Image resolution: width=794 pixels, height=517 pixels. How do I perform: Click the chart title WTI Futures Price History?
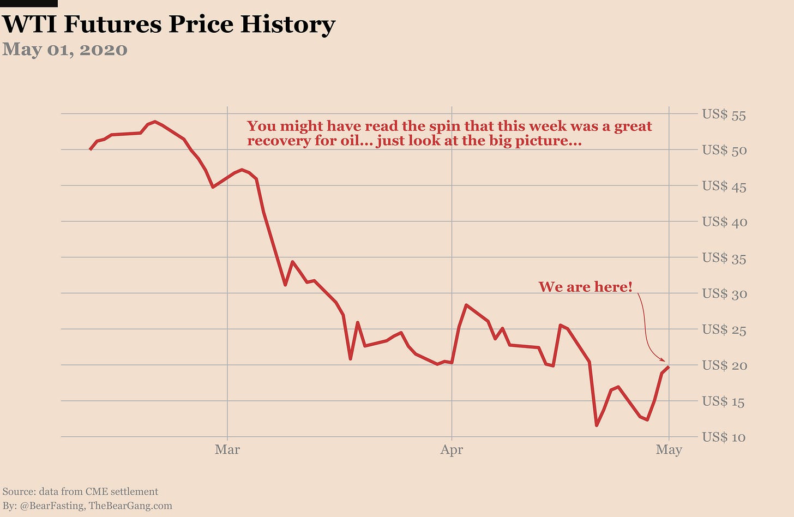point(169,25)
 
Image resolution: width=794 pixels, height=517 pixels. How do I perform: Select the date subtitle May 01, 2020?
point(65,50)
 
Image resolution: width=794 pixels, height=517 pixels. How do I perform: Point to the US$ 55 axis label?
point(724,115)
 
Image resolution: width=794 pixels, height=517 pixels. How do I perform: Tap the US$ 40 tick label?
point(724,222)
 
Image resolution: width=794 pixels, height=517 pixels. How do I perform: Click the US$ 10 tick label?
point(724,437)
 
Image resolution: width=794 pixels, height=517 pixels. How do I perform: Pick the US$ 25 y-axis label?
point(724,330)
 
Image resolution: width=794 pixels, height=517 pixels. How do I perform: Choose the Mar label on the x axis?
point(227,450)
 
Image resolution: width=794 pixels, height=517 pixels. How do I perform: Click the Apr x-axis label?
point(452,450)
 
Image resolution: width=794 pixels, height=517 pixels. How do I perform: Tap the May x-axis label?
point(669,450)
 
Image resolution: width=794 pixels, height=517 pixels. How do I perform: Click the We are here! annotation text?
point(585,287)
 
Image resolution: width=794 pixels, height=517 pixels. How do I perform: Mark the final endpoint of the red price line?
point(669,367)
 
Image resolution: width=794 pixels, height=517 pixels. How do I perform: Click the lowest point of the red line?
point(597,425)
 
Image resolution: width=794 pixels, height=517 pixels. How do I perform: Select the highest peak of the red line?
point(155,121)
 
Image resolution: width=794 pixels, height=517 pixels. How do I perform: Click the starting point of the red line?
point(90,149)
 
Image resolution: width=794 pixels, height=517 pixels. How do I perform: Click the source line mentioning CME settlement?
point(80,492)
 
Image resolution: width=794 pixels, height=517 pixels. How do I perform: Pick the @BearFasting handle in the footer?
point(52,506)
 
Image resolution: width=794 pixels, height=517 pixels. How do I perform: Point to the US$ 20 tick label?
point(724,366)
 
